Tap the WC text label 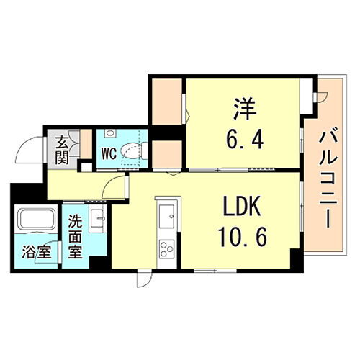point(109,153)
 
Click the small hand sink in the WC point(109,134)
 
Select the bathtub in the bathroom point(35,220)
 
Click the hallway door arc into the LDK point(114,188)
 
